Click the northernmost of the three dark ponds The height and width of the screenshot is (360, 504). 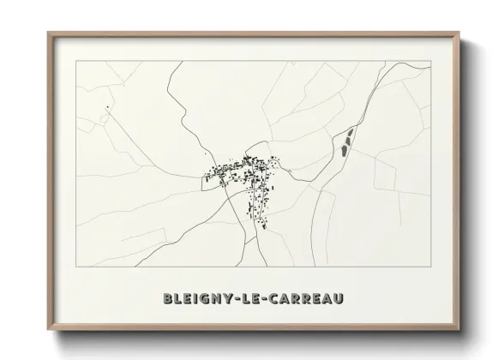[x=351, y=133]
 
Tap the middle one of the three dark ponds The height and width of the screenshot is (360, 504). [x=348, y=140]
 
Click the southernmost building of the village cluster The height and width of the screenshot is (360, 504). [x=264, y=227]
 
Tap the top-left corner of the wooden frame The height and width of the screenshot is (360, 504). [x=48, y=33]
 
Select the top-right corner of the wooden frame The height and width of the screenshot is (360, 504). [x=459, y=33]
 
